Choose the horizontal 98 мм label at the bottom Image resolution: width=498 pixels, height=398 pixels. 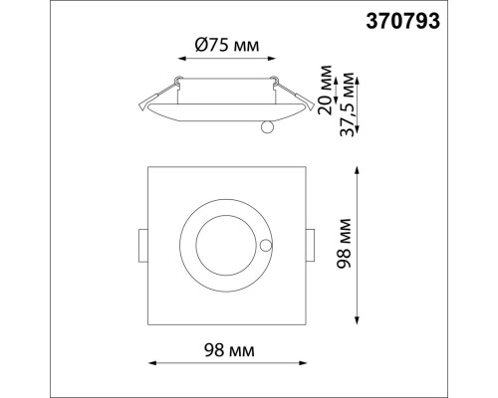[228, 350]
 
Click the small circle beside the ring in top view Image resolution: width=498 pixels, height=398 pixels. [265, 245]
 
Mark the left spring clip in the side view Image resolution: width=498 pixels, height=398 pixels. [146, 98]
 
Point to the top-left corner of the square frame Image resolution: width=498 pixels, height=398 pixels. [148, 166]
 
